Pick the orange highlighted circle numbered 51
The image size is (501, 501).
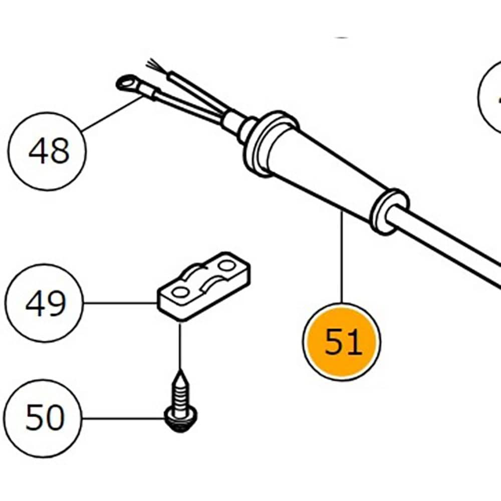pyautogui.click(x=342, y=342)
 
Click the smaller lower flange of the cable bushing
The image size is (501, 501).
pyautogui.click(x=388, y=210)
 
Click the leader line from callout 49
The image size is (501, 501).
pyautogui.click(x=120, y=303)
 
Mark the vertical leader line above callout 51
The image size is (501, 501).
pyautogui.click(x=342, y=261)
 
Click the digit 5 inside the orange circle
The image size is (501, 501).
pyautogui.click(x=333, y=342)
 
